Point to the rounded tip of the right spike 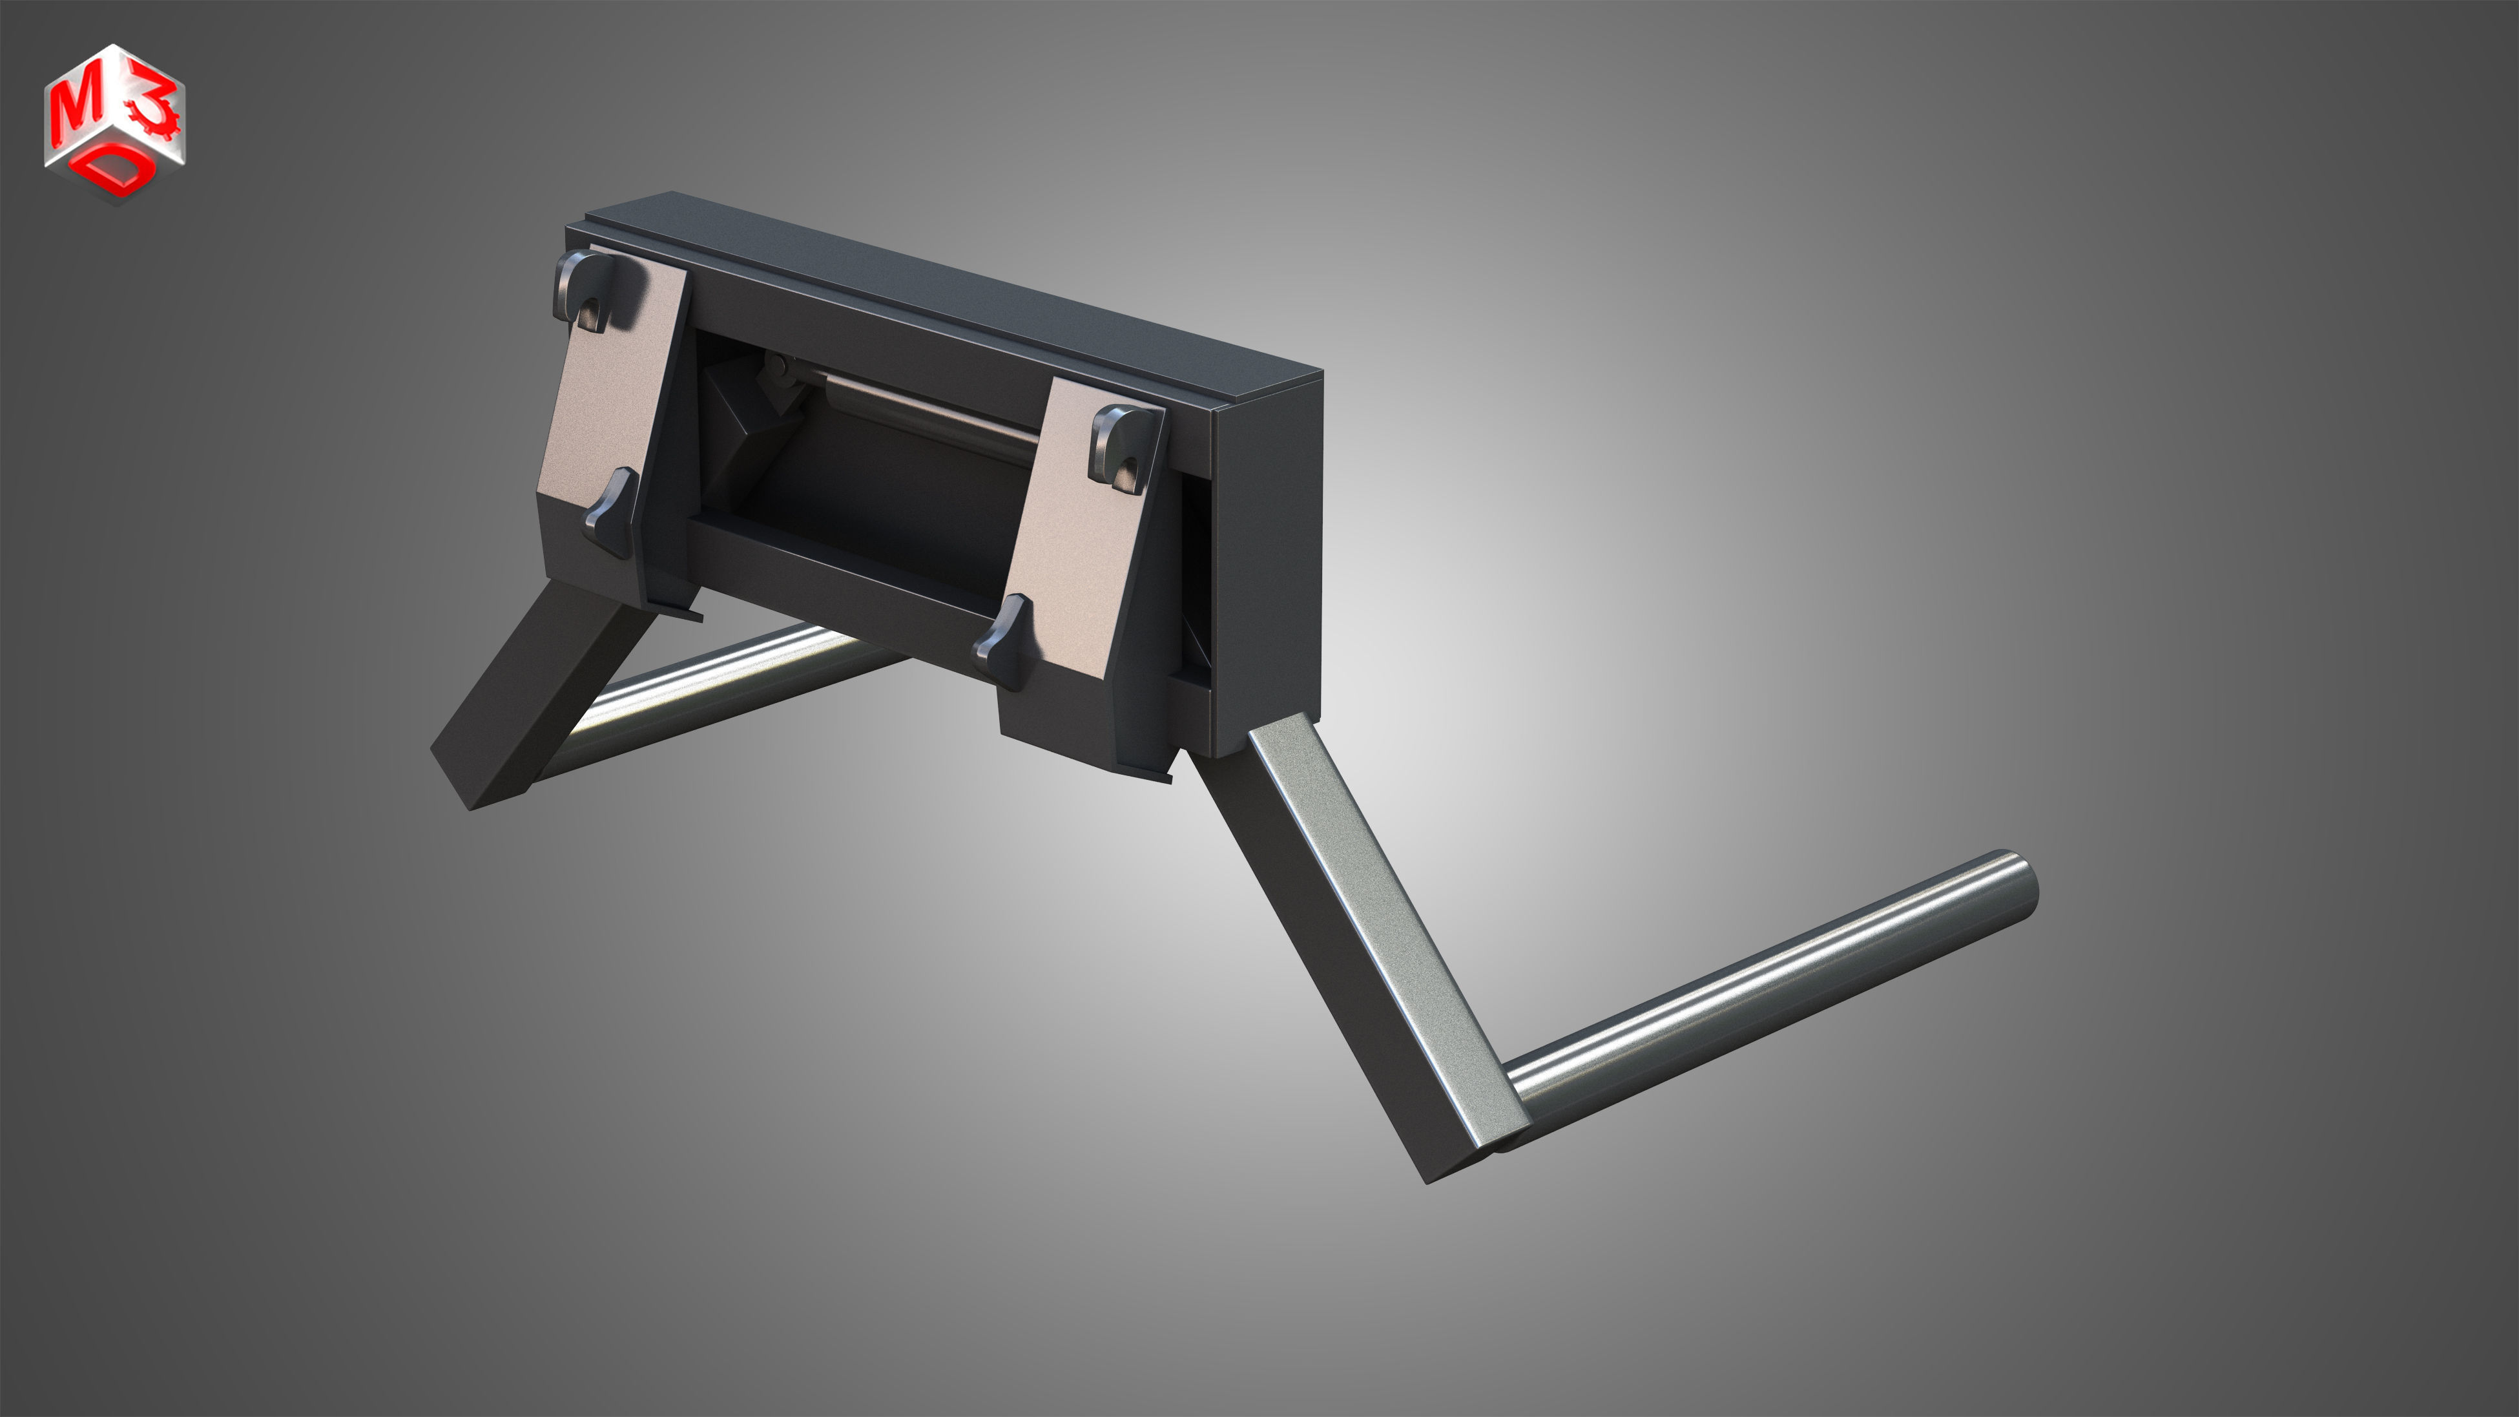pos(2022,878)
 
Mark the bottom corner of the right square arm pos(1429,1181)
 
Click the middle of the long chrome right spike pos(1760,988)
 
